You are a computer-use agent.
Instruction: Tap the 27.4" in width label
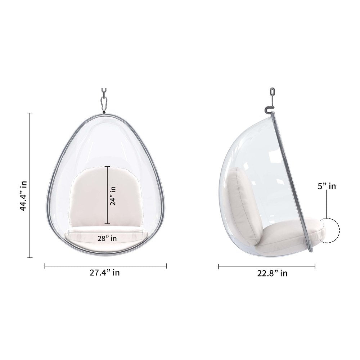click(x=105, y=273)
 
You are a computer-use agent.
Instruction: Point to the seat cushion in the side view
click(x=288, y=236)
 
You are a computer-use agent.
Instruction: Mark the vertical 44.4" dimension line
click(x=30, y=185)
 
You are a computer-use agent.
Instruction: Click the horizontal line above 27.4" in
click(x=105, y=266)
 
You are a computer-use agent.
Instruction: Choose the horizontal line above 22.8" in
click(x=267, y=266)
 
